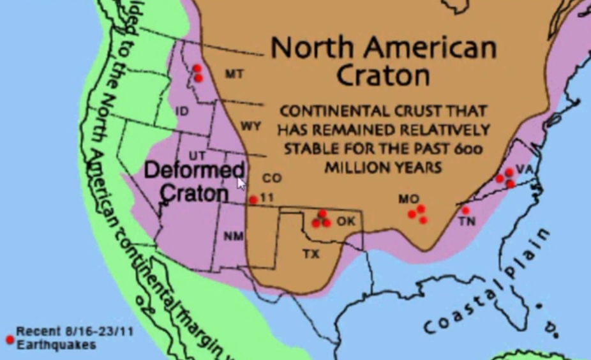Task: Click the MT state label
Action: tap(234, 74)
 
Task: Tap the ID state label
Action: tap(182, 111)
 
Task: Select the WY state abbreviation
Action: tap(251, 126)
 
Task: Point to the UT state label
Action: tap(198, 155)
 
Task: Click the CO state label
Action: tap(272, 178)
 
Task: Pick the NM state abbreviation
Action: tap(234, 236)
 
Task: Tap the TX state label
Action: tap(311, 254)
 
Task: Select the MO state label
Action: tap(408, 199)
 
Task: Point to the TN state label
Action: tap(467, 221)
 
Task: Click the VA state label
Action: tap(524, 169)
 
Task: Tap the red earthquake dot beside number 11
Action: tap(253, 200)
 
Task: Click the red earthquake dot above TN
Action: tap(466, 211)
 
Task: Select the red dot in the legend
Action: tap(10, 339)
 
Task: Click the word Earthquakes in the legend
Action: tap(56, 345)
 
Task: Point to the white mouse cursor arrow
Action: tap(241, 184)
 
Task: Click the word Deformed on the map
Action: tap(194, 170)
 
